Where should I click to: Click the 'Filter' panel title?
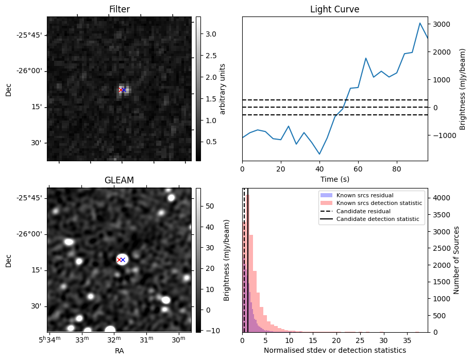[x=119, y=10]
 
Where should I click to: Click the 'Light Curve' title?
[x=334, y=10]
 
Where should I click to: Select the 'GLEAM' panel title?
[x=119, y=180]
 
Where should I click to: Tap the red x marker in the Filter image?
[x=121, y=90]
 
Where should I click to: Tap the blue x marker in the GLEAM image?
[x=123, y=260]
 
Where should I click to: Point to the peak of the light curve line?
[x=420, y=23]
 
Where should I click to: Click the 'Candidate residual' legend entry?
[x=361, y=212]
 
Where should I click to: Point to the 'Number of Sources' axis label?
[x=457, y=260]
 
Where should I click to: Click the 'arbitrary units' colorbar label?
[x=223, y=89]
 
